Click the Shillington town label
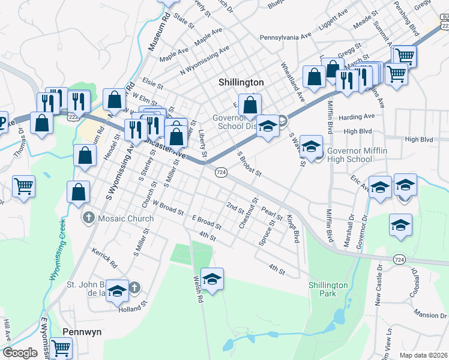pyautogui.click(x=240, y=82)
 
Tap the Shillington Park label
pyautogui.click(x=328, y=289)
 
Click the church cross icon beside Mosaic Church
pyautogui.click(x=88, y=218)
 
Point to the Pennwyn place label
pyautogui.click(x=81, y=331)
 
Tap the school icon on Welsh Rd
pyautogui.click(x=211, y=279)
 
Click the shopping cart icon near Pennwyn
pyautogui.click(x=61, y=348)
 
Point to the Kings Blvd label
pyautogui.click(x=292, y=229)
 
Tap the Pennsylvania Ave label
pyautogui.click(x=285, y=37)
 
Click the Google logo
pyautogui.click(x=20, y=353)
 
